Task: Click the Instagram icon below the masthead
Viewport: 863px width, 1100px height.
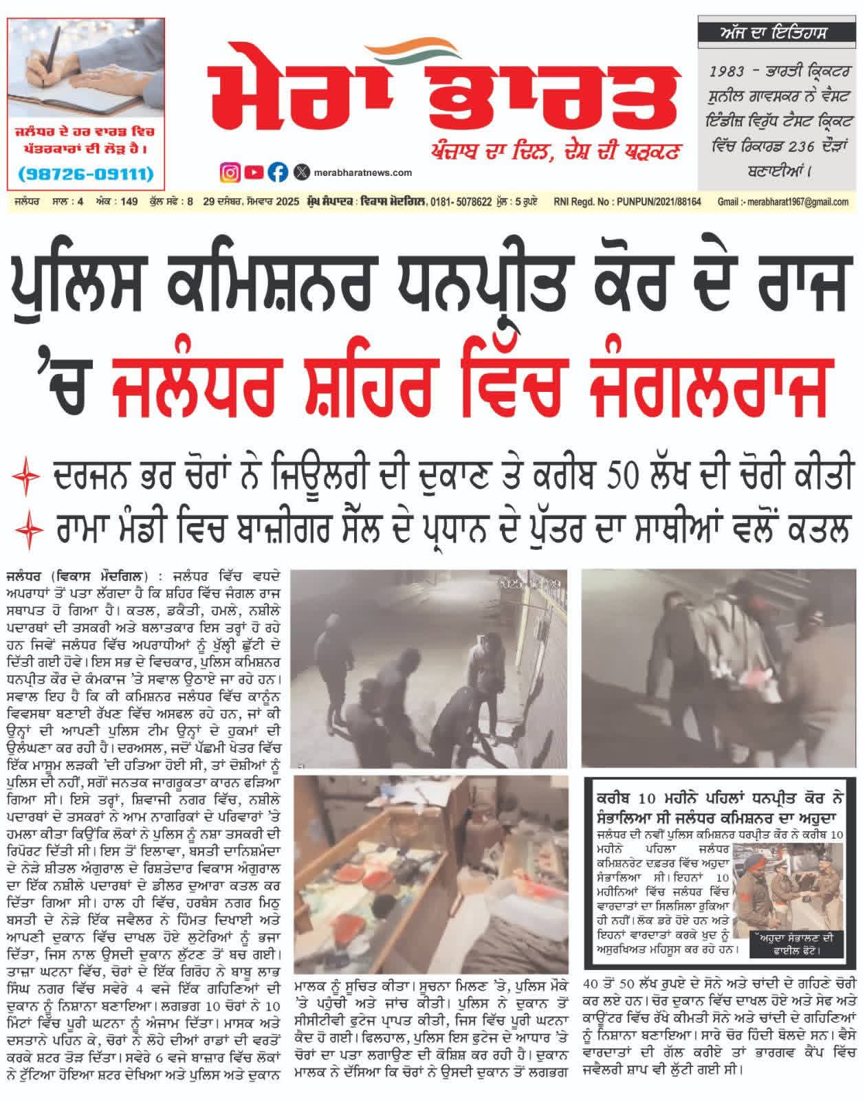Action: (230, 172)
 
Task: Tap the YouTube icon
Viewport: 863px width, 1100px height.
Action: (254, 172)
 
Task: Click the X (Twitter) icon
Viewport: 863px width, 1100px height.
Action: (301, 172)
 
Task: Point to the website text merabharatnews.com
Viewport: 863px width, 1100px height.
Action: (362, 173)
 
